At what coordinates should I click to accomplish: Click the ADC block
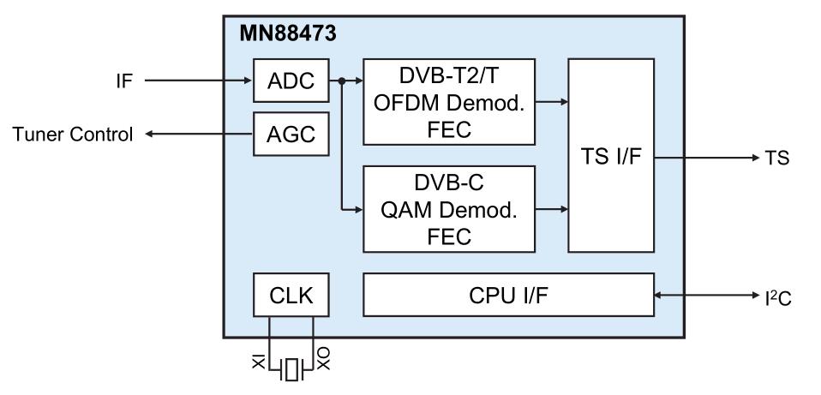291,81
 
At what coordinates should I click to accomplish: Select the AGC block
291,135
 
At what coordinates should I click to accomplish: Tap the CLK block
291,296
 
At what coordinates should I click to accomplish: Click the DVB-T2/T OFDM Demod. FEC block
450,101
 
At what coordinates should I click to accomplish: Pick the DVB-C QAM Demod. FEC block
450,208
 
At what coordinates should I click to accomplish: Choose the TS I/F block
611,155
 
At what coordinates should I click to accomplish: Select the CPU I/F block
509,296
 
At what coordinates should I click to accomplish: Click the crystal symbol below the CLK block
291,370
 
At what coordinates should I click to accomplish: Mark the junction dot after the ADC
341,81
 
